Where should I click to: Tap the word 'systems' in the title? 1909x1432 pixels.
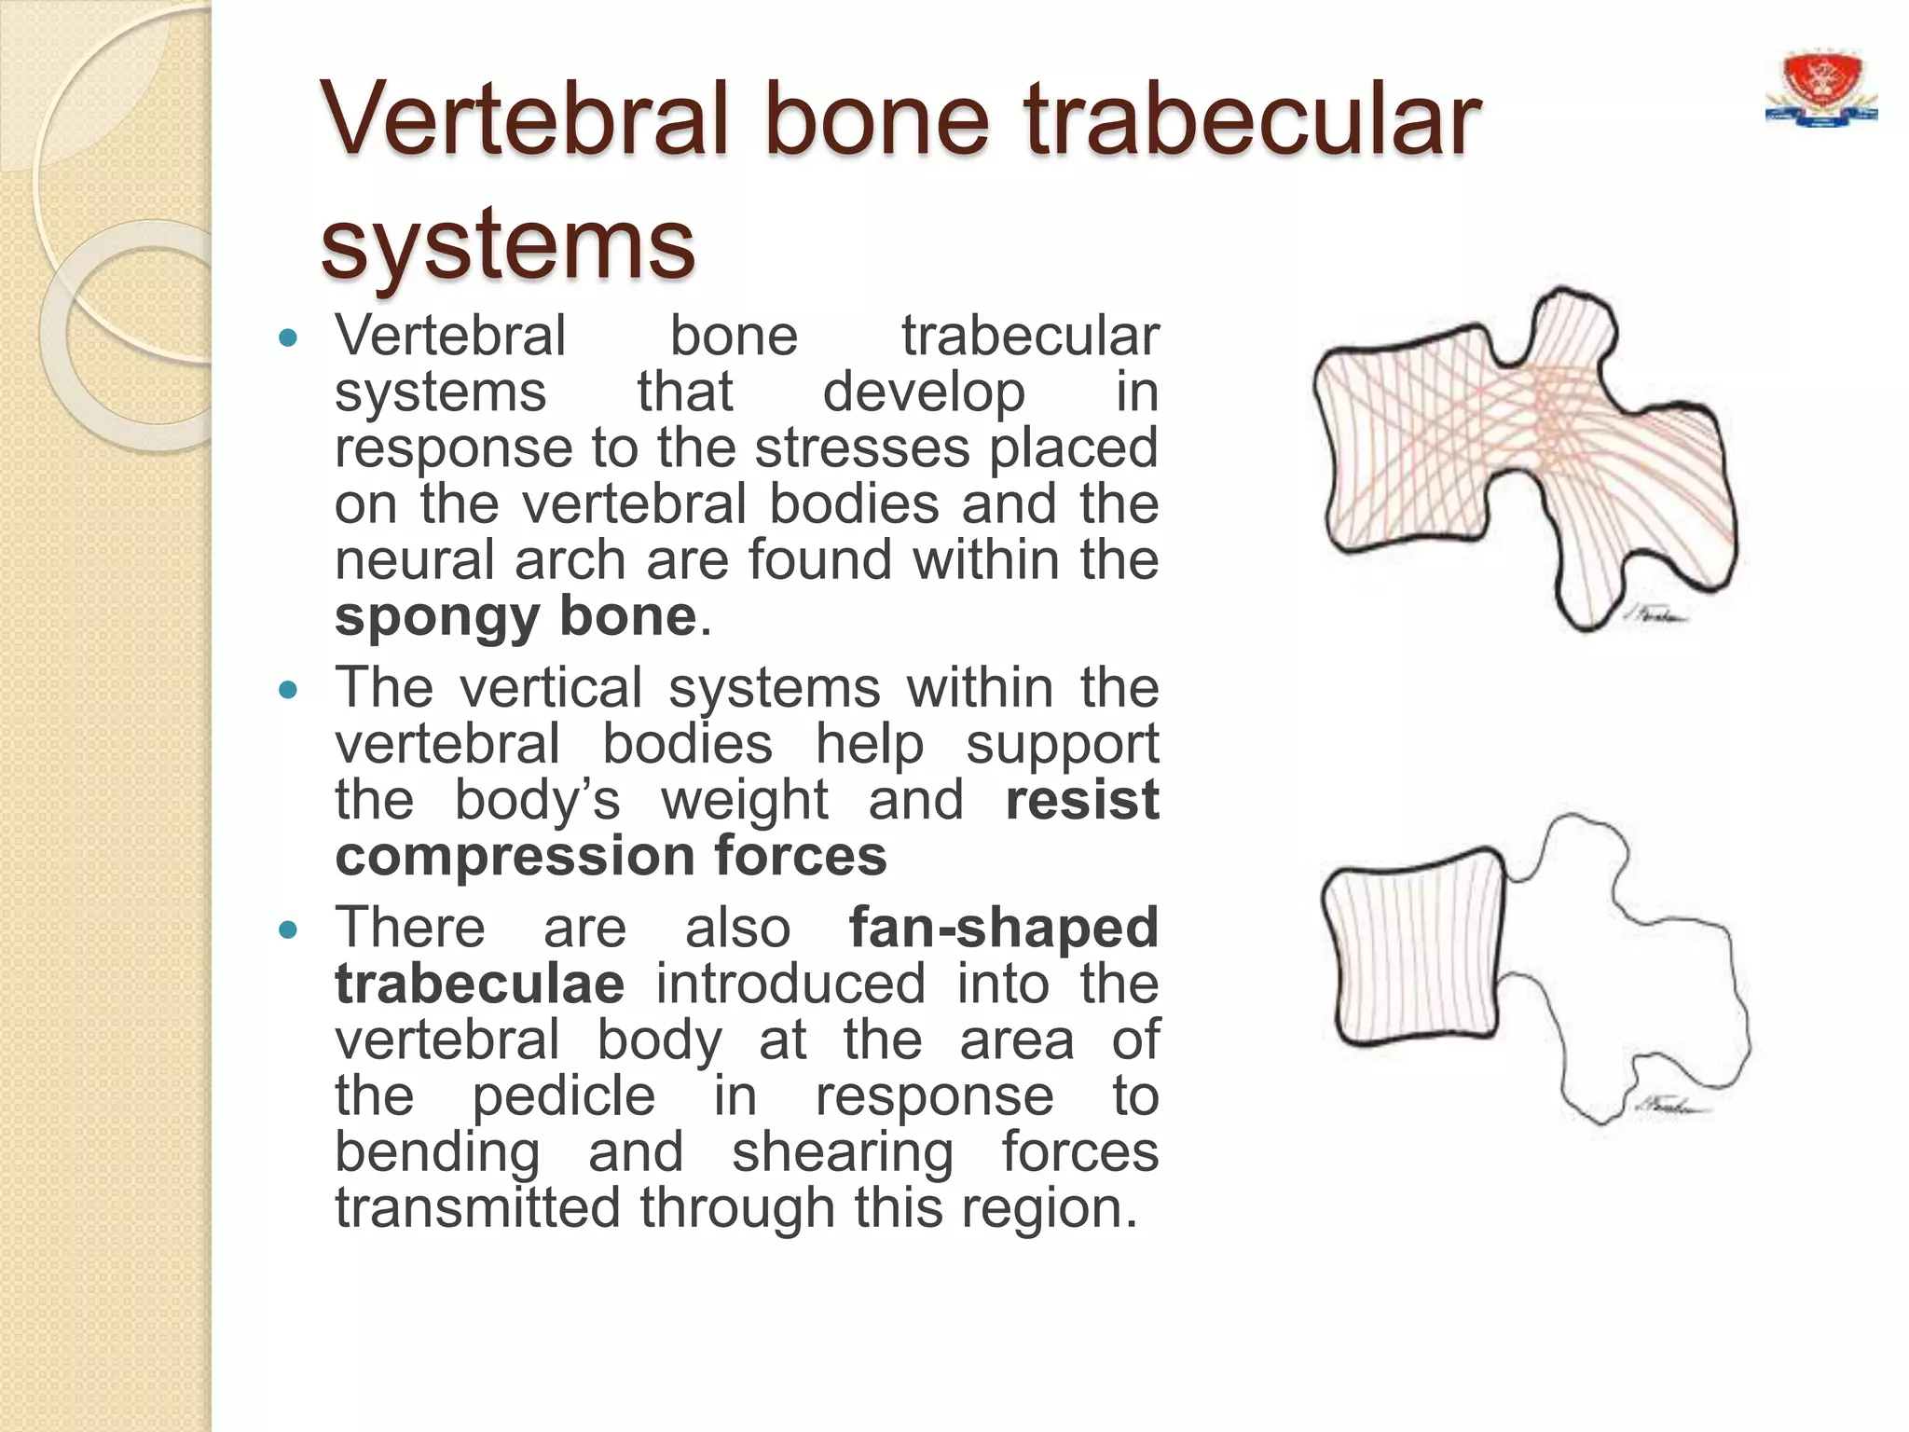pos(507,244)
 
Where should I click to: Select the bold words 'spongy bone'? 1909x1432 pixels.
pos(515,616)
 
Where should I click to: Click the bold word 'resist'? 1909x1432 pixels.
pos(1081,800)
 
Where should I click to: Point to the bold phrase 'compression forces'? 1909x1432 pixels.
pos(611,856)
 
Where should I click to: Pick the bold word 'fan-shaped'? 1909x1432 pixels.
pos(1003,928)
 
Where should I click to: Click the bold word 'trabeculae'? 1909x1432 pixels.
pos(479,984)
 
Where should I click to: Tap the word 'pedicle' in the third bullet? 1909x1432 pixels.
pos(563,1095)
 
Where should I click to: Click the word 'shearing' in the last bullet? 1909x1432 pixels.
pos(843,1151)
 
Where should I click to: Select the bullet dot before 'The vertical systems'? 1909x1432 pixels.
pos(288,691)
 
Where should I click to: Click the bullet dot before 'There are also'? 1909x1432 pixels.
pos(288,930)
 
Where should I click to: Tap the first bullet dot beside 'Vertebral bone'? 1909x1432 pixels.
pos(288,338)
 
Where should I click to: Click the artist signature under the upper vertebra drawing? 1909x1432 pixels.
pos(1655,616)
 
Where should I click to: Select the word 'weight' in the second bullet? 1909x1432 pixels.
pos(744,800)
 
